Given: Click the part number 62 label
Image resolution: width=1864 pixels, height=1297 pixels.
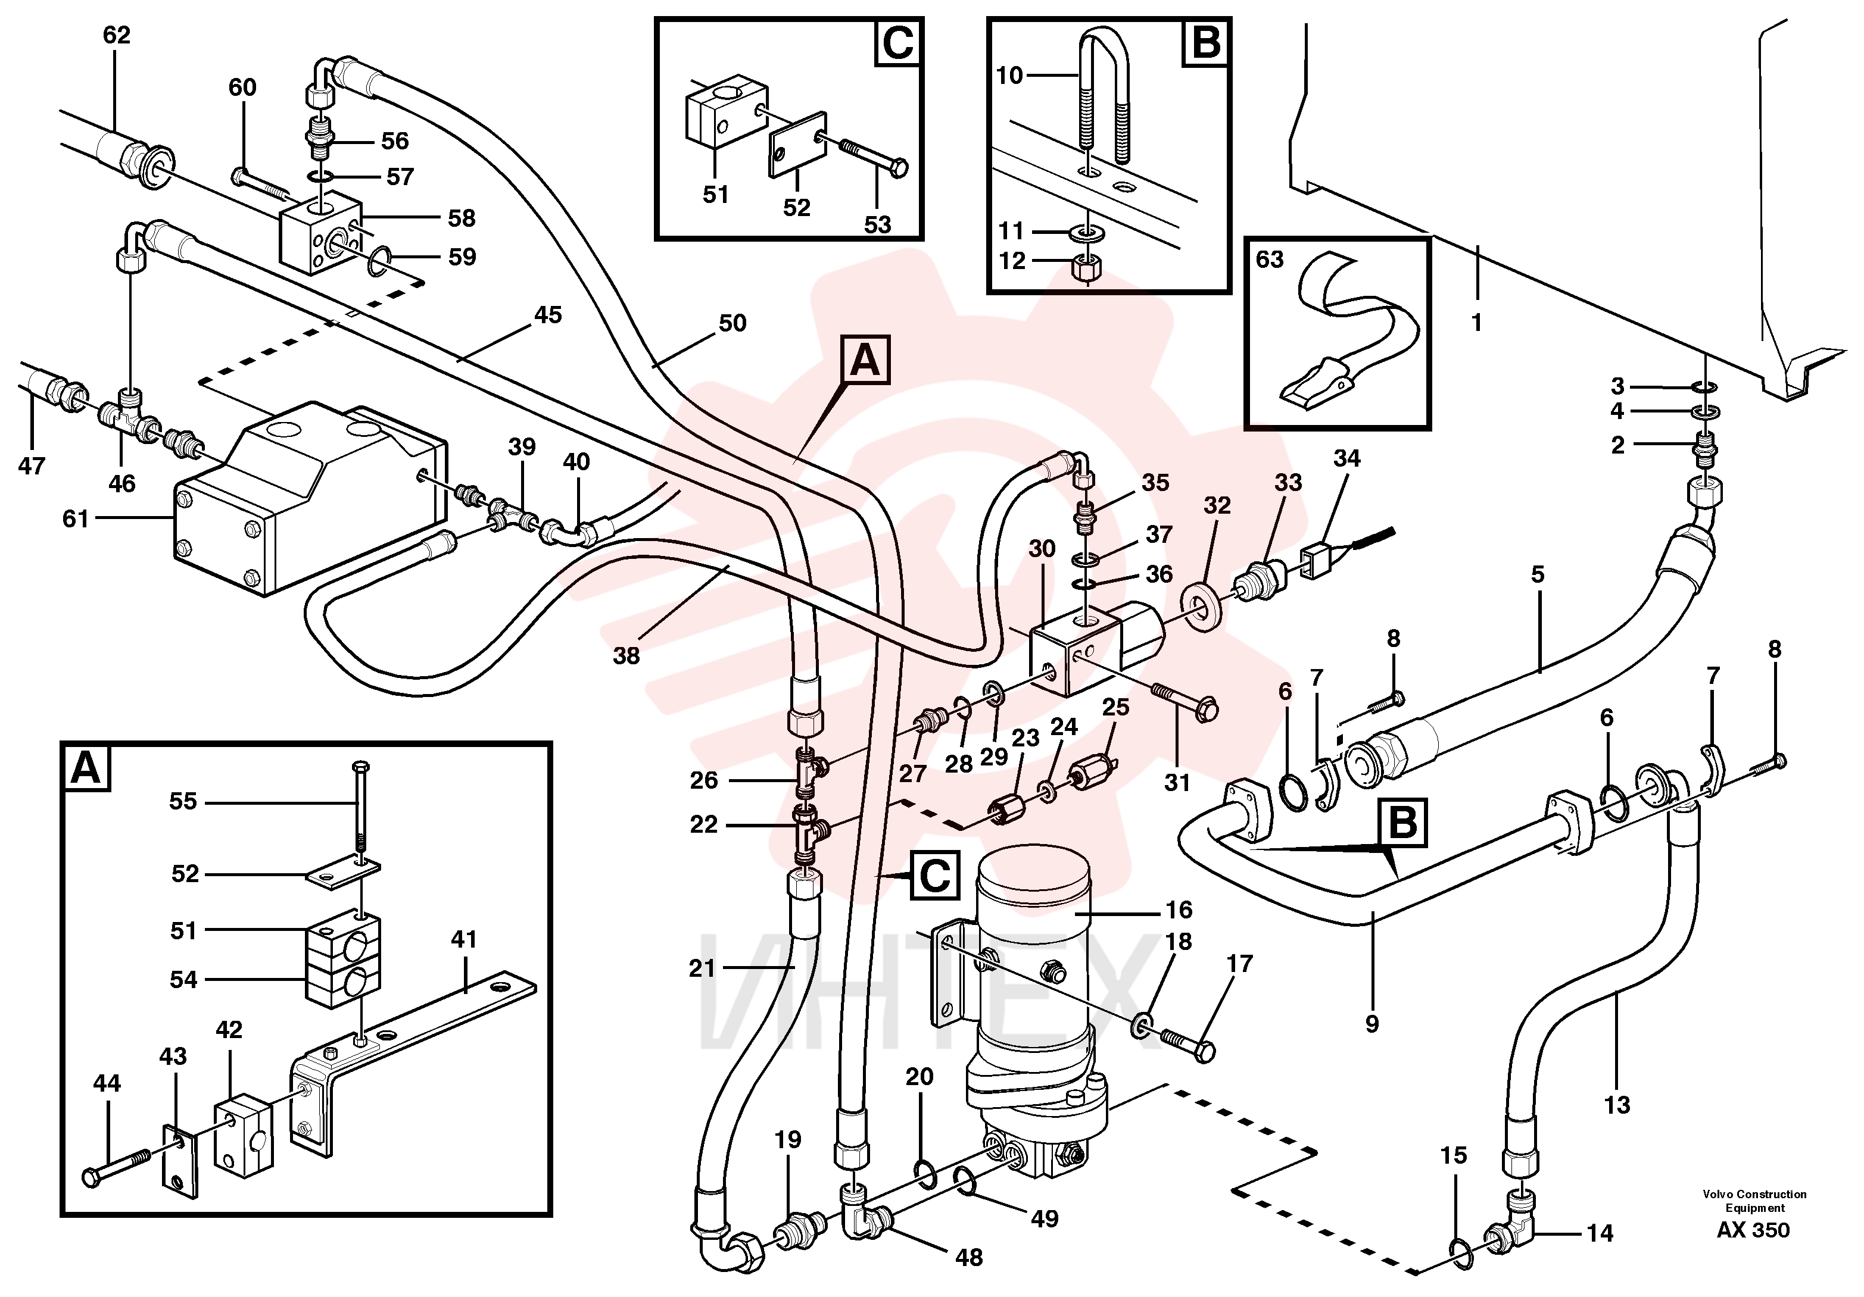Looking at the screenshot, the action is click(117, 35).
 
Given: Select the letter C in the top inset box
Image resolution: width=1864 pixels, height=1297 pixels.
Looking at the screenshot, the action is click(898, 43).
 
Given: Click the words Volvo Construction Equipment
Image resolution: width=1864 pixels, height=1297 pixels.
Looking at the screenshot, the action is click(1754, 1201).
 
